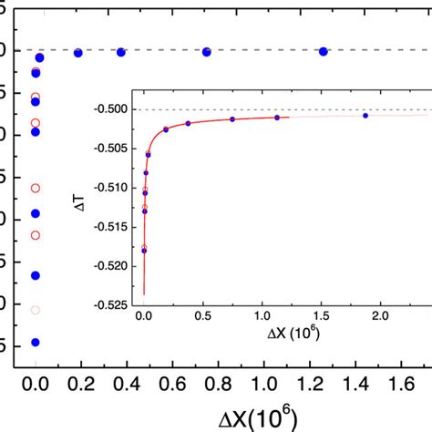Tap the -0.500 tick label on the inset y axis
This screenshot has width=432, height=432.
pyautogui.click(x=113, y=110)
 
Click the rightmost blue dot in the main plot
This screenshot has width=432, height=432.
pyautogui.click(x=324, y=51)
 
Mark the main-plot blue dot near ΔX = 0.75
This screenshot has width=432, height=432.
pyautogui.click(x=207, y=52)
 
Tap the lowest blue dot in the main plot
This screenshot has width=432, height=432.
pyautogui.click(x=36, y=343)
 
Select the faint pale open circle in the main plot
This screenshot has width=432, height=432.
pyautogui.click(x=36, y=310)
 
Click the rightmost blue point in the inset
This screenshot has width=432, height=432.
pyautogui.click(x=365, y=116)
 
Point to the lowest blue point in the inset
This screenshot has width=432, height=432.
pyautogui.click(x=144, y=251)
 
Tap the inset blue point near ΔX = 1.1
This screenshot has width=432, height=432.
pyautogui.click(x=277, y=118)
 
